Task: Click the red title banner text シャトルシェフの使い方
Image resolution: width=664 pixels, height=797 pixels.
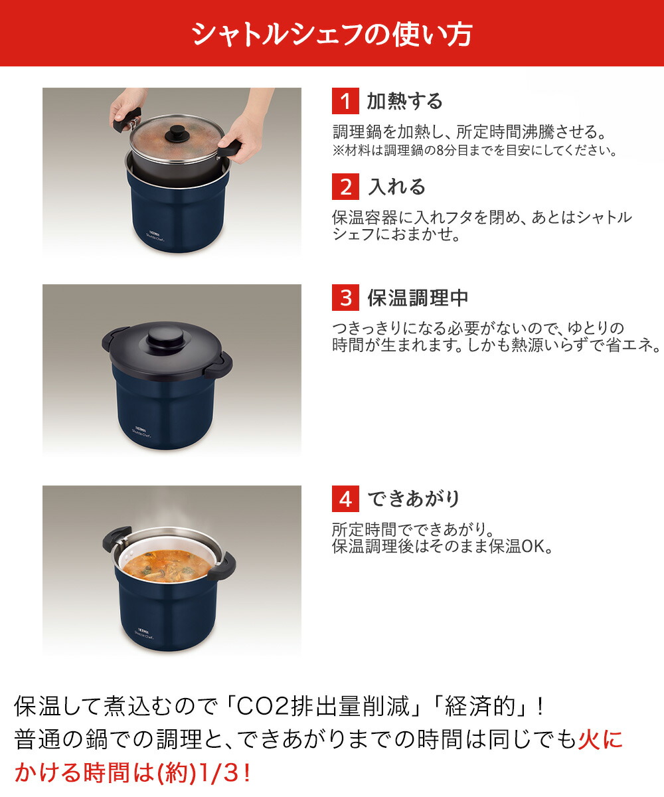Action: click(x=331, y=34)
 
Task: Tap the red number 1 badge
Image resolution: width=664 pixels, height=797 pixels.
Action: click(x=345, y=102)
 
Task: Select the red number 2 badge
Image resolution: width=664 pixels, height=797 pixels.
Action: click(x=345, y=187)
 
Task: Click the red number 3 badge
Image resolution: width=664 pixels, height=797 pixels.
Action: click(x=345, y=298)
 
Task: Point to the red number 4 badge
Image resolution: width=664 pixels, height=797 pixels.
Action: click(x=345, y=499)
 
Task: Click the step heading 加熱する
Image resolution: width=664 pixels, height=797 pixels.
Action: click(x=404, y=102)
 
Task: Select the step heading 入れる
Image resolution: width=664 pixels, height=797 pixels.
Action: click(x=396, y=187)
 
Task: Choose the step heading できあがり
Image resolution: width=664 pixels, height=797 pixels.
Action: click(x=413, y=499)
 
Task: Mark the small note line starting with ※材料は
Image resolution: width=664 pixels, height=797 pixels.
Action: click(x=474, y=151)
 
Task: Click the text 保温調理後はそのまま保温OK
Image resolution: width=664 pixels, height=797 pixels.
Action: click(x=442, y=547)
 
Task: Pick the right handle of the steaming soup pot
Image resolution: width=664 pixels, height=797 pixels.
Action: click(x=222, y=567)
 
